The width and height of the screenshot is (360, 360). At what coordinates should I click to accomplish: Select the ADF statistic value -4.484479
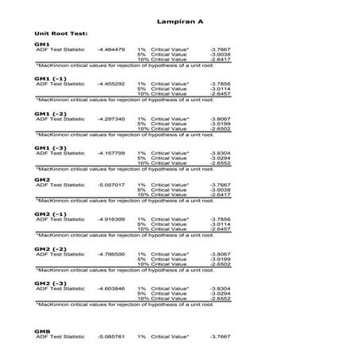(x=111, y=49)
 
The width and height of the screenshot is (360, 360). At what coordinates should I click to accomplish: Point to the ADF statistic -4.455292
(x=111, y=84)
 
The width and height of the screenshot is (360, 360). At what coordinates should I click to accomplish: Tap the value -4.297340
(x=111, y=119)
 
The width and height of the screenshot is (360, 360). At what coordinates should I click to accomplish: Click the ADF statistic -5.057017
(x=111, y=185)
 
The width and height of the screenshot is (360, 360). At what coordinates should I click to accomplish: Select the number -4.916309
(x=111, y=219)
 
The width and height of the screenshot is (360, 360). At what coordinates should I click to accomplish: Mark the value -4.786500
(x=111, y=254)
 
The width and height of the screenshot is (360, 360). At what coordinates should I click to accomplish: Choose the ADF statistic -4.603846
(x=111, y=288)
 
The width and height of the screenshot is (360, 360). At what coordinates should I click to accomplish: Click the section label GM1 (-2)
(x=50, y=113)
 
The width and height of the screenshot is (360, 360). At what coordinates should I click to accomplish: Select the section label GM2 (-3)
(x=50, y=283)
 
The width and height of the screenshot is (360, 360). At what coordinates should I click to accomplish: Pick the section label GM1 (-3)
(x=50, y=147)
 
